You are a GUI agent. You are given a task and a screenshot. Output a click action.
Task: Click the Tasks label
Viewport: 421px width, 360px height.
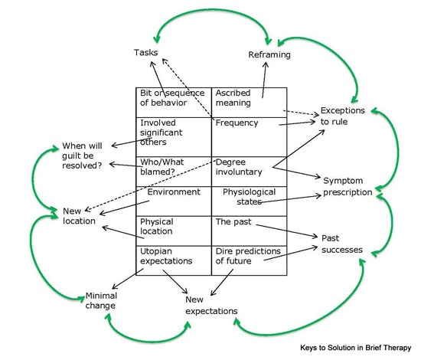[x=145, y=52]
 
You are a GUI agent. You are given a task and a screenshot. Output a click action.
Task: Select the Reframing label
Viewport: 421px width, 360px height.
[x=269, y=55]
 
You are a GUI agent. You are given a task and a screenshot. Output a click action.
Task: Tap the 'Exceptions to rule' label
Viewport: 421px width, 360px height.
[x=343, y=116]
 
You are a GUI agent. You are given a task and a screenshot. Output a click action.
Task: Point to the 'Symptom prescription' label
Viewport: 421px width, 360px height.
[x=348, y=186]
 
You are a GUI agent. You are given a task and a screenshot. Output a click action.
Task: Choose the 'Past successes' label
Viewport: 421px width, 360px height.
[x=342, y=244]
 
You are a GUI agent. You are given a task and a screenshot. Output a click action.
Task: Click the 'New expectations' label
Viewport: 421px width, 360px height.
[x=211, y=306]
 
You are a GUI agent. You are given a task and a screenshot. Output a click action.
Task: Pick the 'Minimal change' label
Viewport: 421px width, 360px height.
[x=101, y=300]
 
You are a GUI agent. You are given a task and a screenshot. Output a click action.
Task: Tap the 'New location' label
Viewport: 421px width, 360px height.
[x=79, y=216]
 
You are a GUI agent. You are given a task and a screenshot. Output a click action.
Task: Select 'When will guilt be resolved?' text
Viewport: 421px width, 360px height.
[x=82, y=155]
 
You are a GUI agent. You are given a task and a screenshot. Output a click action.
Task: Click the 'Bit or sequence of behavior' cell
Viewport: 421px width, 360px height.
[x=174, y=103]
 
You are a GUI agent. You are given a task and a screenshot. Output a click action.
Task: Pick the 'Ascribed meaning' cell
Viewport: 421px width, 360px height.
[x=250, y=103]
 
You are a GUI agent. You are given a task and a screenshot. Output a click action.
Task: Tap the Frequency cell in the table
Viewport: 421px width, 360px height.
[x=250, y=137]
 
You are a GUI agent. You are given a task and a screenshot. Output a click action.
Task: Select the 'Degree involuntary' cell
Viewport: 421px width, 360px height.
[x=250, y=172]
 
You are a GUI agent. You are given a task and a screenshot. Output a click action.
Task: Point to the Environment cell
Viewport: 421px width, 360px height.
[x=174, y=201]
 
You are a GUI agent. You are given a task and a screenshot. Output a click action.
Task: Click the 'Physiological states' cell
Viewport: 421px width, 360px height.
[x=250, y=201]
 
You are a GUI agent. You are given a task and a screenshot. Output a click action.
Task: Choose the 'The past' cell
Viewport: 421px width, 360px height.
[x=250, y=231]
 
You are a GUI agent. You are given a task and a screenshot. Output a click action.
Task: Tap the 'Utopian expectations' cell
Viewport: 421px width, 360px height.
[x=174, y=260]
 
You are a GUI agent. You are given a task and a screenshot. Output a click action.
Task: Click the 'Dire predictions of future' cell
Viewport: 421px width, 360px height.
[x=250, y=260]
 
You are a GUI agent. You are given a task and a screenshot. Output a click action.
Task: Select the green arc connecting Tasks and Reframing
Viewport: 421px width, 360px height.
[x=212, y=9]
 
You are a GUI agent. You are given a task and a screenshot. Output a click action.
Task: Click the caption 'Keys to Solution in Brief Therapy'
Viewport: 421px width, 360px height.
[x=355, y=348]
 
